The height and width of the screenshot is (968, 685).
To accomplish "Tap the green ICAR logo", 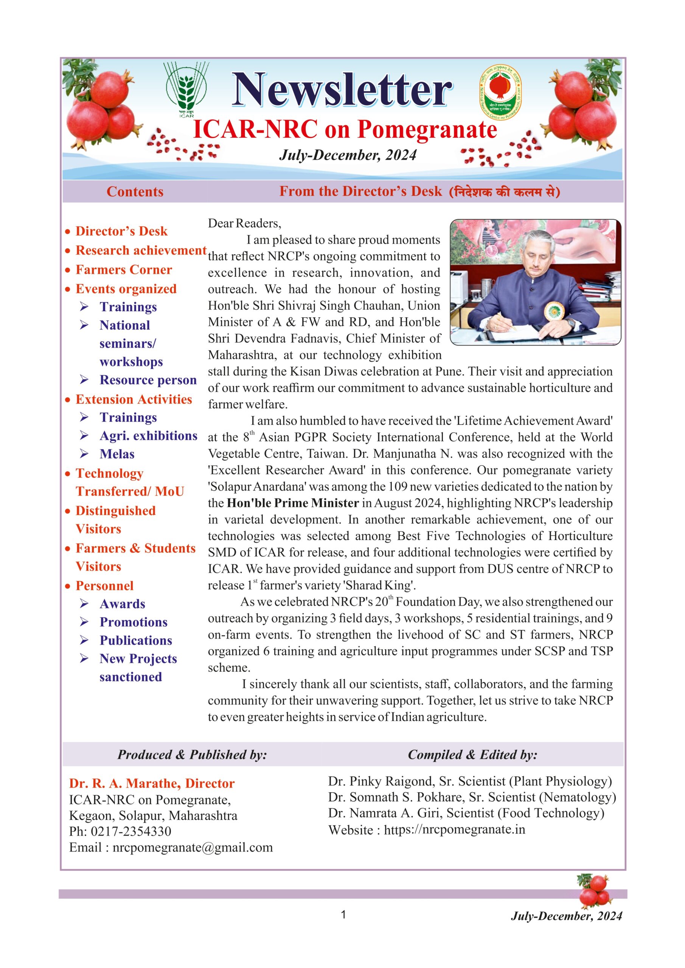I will click(x=186, y=89).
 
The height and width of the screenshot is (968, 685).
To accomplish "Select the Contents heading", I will click(x=135, y=192).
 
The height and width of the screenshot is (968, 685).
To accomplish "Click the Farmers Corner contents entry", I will click(x=124, y=270).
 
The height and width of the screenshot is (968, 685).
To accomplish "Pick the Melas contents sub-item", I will click(x=117, y=454).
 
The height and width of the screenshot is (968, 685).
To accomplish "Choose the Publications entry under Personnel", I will click(x=136, y=641).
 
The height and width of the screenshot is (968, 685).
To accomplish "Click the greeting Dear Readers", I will click(x=244, y=223).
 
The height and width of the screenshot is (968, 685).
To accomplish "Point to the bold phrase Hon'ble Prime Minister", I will click(x=293, y=503).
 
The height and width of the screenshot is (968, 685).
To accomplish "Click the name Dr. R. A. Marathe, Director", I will click(x=152, y=783).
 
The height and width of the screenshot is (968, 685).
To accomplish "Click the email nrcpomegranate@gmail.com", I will click(x=193, y=847).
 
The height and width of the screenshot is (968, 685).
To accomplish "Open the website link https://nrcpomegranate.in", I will click(x=454, y=830).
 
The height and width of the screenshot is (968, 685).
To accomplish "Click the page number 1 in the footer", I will click(x=343, y=914).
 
